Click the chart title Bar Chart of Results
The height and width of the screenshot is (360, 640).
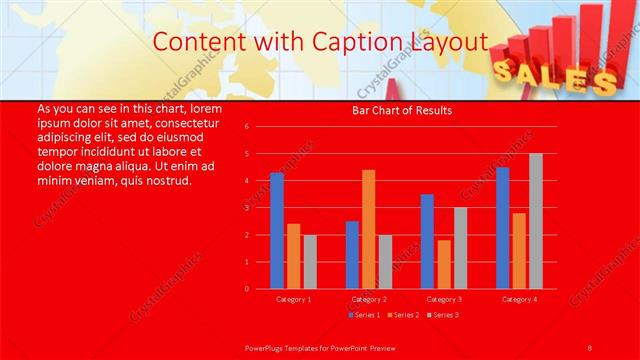[402, 110]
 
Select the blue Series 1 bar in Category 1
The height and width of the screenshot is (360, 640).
[277, 231]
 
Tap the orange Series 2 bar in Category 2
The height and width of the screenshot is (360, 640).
[368, 229]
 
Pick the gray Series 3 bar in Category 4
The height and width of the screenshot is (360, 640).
[535, 221]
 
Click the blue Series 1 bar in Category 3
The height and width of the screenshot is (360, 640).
[427, 241]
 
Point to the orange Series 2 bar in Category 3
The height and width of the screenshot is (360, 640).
[443, 264]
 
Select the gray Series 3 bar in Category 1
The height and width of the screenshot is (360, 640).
[309, 262]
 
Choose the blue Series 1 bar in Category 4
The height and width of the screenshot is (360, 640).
[502, 228]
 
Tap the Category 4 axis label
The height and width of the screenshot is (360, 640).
[518, 299]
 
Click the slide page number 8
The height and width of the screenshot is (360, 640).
[589, 347]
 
